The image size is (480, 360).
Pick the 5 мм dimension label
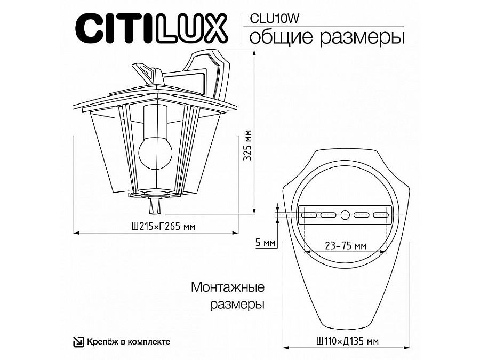tap(265, 243)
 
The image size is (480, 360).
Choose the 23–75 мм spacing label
tap(346, 246)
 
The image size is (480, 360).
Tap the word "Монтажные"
tap(228, 288)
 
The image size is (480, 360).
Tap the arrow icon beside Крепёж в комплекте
tap(78, 341)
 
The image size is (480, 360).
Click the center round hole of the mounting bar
tap(345, 215)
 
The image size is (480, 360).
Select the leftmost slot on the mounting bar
tap(309, 215)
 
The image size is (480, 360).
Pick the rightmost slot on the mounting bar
tap(381, 215)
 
